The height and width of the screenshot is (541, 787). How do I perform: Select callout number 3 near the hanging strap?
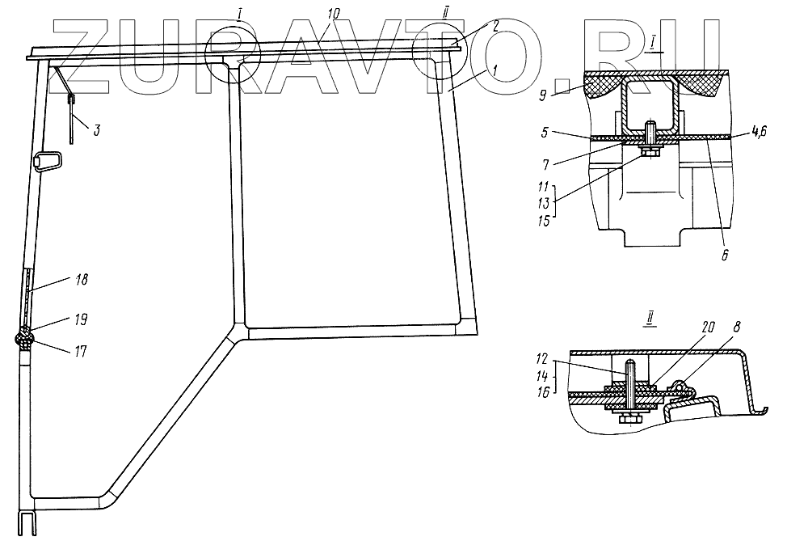pos(96,129)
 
